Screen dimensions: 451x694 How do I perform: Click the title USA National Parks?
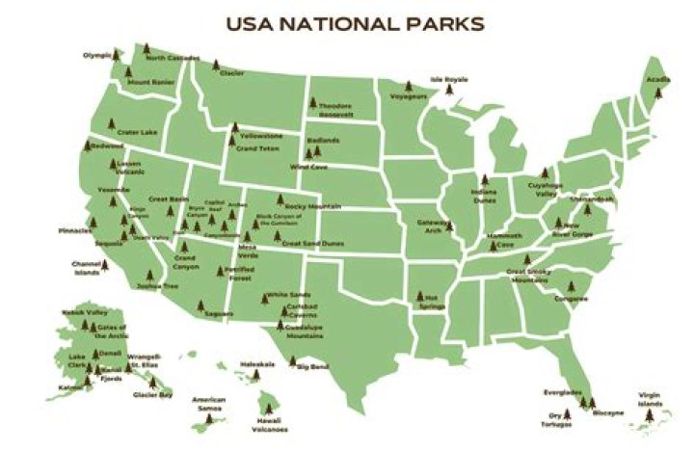click(354, 22)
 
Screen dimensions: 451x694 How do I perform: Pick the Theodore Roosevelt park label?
click(334, 109)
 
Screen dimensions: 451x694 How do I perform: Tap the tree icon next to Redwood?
click(87, 146)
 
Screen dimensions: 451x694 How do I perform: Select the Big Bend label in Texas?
click(313, 367)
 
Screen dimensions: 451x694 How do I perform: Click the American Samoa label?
click(208, 404)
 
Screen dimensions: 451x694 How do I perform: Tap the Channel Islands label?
click(86, 267)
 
